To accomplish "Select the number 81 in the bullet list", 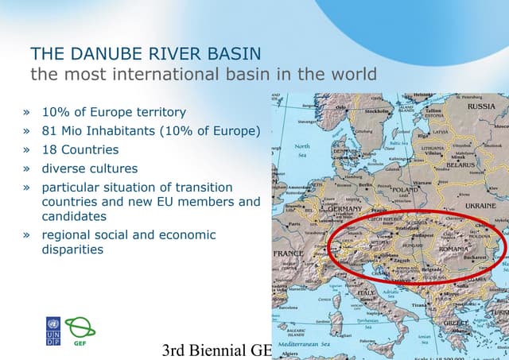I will coord(51,131).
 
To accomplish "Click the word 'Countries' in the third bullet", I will coord(90,149).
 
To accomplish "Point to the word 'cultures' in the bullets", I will coord(115,168).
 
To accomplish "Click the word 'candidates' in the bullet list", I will coord(74,216).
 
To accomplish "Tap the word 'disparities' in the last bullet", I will coord(72,250).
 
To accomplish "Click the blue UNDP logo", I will coord(52,331).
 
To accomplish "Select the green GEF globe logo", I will coord(80,328).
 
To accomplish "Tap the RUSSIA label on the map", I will coord(480,106).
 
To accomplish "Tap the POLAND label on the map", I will coord(404,191).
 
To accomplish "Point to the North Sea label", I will coord(302,151).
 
